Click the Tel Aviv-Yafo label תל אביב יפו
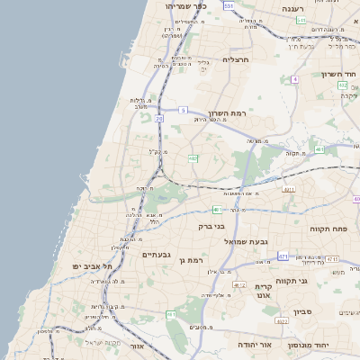click(93, 265)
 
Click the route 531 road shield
click(229, 5)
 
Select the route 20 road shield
click(159, 118)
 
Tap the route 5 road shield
click(183, 110)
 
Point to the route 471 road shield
click(283, 256)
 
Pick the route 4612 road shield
click(239, 284)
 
